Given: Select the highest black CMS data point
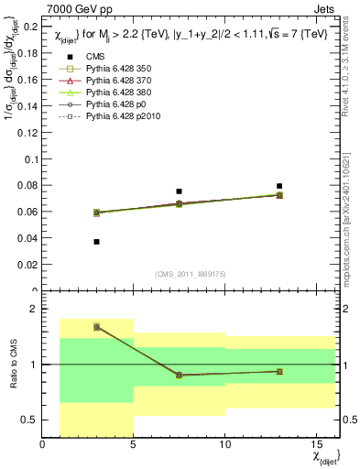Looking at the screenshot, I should coord(279,186).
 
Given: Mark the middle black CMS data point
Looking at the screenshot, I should coord(179,191).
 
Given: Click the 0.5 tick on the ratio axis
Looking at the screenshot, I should coord(30,420).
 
